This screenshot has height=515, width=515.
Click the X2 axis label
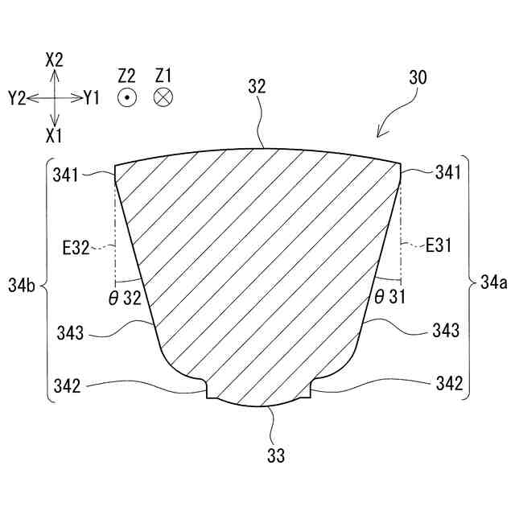click(55, 59)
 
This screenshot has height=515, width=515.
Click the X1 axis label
click(55, 134)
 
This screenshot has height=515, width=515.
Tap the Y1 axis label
click(91, 98)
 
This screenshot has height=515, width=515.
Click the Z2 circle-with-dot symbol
click(126, 97)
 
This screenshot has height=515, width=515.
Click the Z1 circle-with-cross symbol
click(163, 97)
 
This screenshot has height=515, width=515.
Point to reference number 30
click(418, 78)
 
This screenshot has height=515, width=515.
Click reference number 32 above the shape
click(257, 86)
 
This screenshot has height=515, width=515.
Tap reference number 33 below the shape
click(276, 456)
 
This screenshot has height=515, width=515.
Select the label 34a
click(489, 282)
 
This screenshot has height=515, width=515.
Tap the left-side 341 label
click(69, 172)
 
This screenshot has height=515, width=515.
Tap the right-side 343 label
click(445, 330)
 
